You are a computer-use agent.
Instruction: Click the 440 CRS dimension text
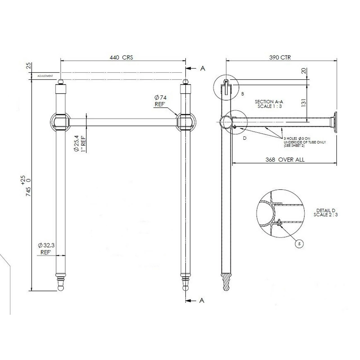point(121,58)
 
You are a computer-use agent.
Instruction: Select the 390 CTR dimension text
point(280,58)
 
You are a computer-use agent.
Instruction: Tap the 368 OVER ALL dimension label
point(285,160)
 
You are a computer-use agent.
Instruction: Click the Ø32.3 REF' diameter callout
point(46,249)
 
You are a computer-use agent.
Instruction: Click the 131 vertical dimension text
point(303,103)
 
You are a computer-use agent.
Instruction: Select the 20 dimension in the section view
point(303,71)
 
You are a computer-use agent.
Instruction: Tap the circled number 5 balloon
point(299,244)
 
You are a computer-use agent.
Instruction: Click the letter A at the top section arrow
point(202,68)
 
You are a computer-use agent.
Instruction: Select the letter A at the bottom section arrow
point(202,301)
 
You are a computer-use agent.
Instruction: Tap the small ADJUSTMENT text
point(45,76)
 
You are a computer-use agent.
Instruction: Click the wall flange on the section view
point(334,121)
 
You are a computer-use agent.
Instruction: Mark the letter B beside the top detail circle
point(243,94)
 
